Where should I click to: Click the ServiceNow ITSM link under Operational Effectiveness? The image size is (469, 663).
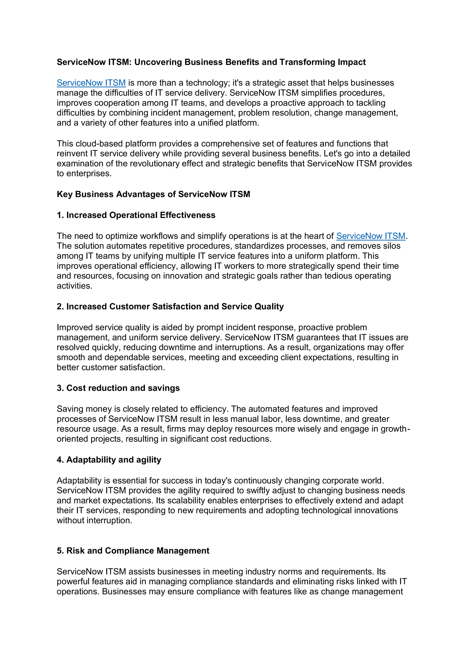(371, 236)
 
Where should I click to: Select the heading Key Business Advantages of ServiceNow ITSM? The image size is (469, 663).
(153, 194)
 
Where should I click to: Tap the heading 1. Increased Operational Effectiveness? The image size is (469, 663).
(136, 215)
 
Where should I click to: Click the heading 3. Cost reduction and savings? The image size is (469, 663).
(118, 388)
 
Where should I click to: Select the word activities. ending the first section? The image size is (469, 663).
(74, 286)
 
